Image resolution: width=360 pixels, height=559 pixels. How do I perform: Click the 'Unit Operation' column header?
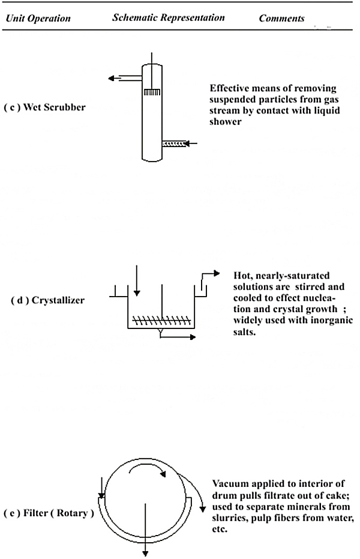pyautogui.click(x=38, y=18)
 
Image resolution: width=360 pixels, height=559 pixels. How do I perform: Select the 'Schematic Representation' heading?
pyautogui.click(x=169, y=17)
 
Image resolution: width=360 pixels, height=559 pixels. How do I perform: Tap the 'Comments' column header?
pyautogui.click(x=281, y=18)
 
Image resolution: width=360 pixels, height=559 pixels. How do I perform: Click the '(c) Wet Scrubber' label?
pyautogui.click(x=45, y=107)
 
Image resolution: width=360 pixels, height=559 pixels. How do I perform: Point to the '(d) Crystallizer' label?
pyautogui.click(x=48, y=300)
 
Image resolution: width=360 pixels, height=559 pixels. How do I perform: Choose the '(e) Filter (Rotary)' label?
pyautogui.click(x=49, y=513)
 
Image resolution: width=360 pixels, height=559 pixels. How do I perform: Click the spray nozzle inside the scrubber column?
pyautogui.click(x=152, y=92)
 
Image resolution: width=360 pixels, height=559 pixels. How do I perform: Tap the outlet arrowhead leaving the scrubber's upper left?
pyautogui.click(x=111, y=78)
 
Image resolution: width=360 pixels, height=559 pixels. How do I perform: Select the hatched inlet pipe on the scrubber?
pyautogui.click(x=174, y=144)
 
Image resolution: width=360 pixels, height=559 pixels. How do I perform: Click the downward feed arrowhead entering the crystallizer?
pyautogui.click(x=137, y=293)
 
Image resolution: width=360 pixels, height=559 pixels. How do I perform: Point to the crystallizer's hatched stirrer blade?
pyautogui.click(x=161, y=320)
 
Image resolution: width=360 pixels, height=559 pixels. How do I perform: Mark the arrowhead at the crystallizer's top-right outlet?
pyautogui.click(x=217, y=273)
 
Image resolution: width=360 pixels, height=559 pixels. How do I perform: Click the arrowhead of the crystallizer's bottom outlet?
pyautogui.click(x=193, y=337)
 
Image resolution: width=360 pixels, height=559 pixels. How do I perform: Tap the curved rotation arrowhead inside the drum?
pyautogui.click(x=163, y=474)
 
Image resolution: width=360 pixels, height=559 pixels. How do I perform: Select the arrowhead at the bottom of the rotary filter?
pyautogui.click(x=145, y=554)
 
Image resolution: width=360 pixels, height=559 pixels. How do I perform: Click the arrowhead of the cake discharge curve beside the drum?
pyautogui.click(x=203, y=509)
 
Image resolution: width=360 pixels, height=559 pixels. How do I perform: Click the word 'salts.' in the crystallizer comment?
pyautogui.click(x=245, y=332)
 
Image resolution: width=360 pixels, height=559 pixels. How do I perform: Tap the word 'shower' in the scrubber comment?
pyautogui.click(x=226, y=121)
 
